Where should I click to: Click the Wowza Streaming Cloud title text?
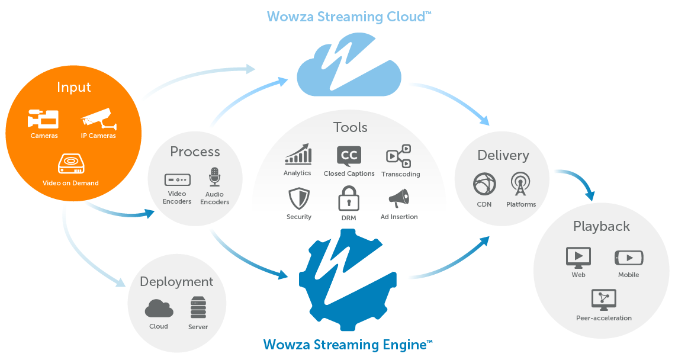[349, 16]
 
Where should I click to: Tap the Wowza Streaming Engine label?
[348, 344]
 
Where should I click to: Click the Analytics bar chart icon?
[298, 155]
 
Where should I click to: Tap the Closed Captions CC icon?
[349, 156]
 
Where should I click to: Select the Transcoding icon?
[398, 156]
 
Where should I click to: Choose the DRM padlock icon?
[349, 198]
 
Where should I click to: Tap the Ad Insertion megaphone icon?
[398, 199]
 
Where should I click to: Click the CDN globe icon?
[484, 184]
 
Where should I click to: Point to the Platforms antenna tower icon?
[520, 184]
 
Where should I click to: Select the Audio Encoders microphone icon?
[214, 177]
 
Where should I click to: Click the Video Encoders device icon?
[177, 179]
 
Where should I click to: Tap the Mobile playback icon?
[628, 258]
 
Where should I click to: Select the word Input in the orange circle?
[74, 87]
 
